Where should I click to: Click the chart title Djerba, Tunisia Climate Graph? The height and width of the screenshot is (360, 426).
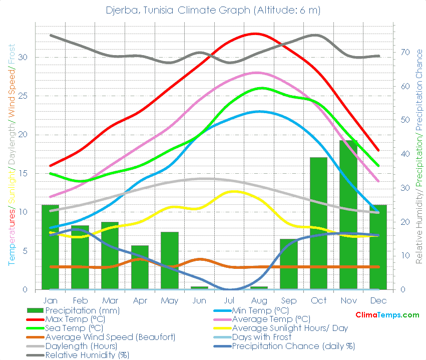[x=213, y=10]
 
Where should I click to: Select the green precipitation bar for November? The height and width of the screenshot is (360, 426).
[x=348, y=215]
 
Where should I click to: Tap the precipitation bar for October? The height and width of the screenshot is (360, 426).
[x=318, y=223]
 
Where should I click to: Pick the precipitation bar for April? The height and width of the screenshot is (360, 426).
[x=140, y=267]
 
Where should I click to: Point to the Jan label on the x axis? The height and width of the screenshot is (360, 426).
[x=50, y=300]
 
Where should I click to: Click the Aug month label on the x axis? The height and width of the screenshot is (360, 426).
[x=259, y=300]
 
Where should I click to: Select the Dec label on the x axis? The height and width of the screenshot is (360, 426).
[x=378, y=300]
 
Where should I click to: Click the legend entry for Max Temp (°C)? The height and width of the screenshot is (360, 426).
[x=74, y=319]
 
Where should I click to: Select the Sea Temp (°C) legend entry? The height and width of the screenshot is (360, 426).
[x=74, y=328]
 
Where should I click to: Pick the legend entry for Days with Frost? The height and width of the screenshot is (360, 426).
[x=262, y=337]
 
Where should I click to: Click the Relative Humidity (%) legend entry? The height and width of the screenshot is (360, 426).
[x=87, y=355]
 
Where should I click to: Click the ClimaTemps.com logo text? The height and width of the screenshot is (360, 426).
[x=387, y=315]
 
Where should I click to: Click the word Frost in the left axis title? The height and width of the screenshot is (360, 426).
[x=12, y=55]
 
